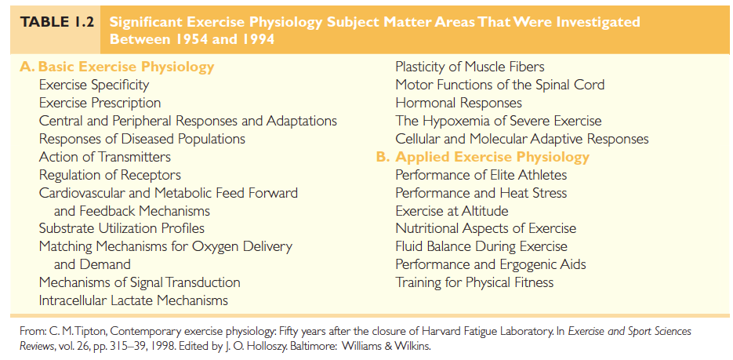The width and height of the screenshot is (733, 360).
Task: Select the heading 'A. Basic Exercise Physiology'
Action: (x=117, y=67)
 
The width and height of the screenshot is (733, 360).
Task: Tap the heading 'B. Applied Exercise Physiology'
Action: (x=482, y=157)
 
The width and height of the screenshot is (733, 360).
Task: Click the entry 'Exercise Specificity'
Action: (x=94, y=85)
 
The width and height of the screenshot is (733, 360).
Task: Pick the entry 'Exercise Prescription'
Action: (x=100, y=103)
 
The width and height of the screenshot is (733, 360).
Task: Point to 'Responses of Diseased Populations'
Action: (x=142, y=139)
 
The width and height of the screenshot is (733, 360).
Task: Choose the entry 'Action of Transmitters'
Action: (x=105, y=157)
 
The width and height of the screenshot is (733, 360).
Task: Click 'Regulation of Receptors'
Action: (x=110, y=175)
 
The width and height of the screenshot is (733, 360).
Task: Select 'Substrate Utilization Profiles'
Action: (x=122, y=228)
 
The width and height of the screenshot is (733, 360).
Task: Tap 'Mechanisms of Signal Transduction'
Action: (x=140, y=282)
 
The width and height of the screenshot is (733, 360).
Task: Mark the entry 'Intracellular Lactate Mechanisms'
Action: (x=134, y=300)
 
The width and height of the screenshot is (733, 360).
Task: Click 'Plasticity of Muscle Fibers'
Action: (x=470, y=67)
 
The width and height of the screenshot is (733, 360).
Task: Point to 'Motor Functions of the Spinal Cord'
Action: (x=500, y=85)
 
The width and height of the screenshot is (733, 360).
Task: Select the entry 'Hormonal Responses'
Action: (x=459, y=103)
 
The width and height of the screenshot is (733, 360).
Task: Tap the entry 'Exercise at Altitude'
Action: (x=452, y=210)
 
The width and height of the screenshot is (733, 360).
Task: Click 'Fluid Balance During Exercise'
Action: (x=481, y=246)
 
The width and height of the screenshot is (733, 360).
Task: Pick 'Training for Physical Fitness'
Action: (x=474, y=282)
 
